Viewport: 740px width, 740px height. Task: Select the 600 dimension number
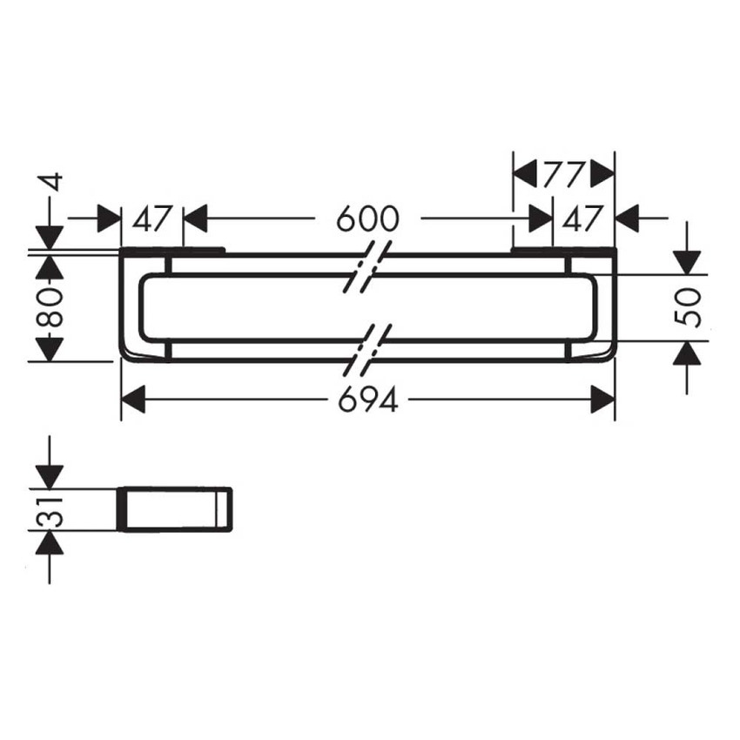pos(367,219)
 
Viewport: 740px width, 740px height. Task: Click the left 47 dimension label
pos(151,219)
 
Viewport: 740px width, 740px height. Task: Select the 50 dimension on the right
pos(687,307)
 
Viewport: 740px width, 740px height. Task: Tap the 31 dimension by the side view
pos(49,511)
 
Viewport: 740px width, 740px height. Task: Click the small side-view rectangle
pos(175,508)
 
